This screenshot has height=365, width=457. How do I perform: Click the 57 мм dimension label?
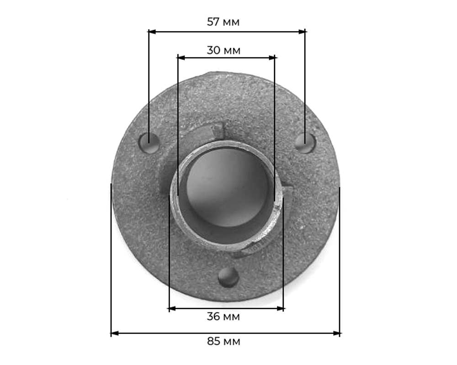pos(223,22)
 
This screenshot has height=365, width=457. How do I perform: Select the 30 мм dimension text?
pos(223,50)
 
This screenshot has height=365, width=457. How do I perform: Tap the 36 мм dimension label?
pos(223,317)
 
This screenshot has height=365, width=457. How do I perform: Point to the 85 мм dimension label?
pos(223,341)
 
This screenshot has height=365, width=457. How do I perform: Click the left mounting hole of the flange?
pos(149,143)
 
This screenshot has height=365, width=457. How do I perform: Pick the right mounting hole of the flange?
pos(305,143)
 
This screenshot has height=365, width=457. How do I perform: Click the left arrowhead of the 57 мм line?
pos(152,32)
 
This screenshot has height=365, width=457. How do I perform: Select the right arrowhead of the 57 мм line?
pos(302,32)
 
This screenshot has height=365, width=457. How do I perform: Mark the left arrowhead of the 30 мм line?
pos(181,58)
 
